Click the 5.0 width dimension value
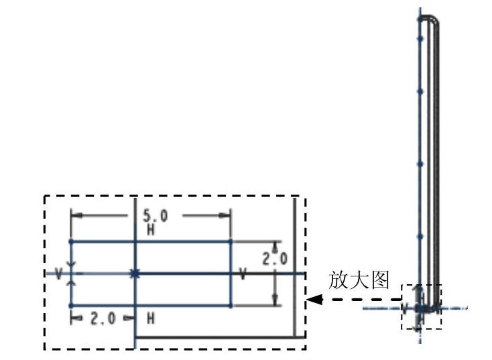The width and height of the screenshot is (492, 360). pyautogui.click(x=155, y=217)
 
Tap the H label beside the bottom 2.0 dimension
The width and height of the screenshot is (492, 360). pyautogui.click(x=150, y=319)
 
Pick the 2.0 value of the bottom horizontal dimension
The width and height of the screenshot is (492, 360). pyautogui.click(x=103, y=319)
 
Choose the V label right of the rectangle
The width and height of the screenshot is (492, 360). pyautogui.click(x=242, y=274)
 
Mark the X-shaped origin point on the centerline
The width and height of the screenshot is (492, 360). pyautogui.click(x=135, y=274)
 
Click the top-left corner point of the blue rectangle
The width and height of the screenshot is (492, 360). pyautogui.click(x=71, y=241)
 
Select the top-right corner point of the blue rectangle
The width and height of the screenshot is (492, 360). pyautogui.click(x=231, y=241)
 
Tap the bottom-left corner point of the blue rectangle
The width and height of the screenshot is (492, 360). pyautogui.click(x=71, y=306)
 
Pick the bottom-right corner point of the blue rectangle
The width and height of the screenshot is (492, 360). pyautogui.click(x=231, y=306)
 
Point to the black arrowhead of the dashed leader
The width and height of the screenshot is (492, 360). pyautogui.click(x=312, y=300)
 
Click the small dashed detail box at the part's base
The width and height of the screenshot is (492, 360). pyautogui.click(x=422, y=306)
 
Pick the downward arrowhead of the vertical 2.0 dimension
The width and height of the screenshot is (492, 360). pyautogui.click(x=275, y=301)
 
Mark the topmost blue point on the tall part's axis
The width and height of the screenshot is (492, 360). pyautogui.click(x=420, y=19)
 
